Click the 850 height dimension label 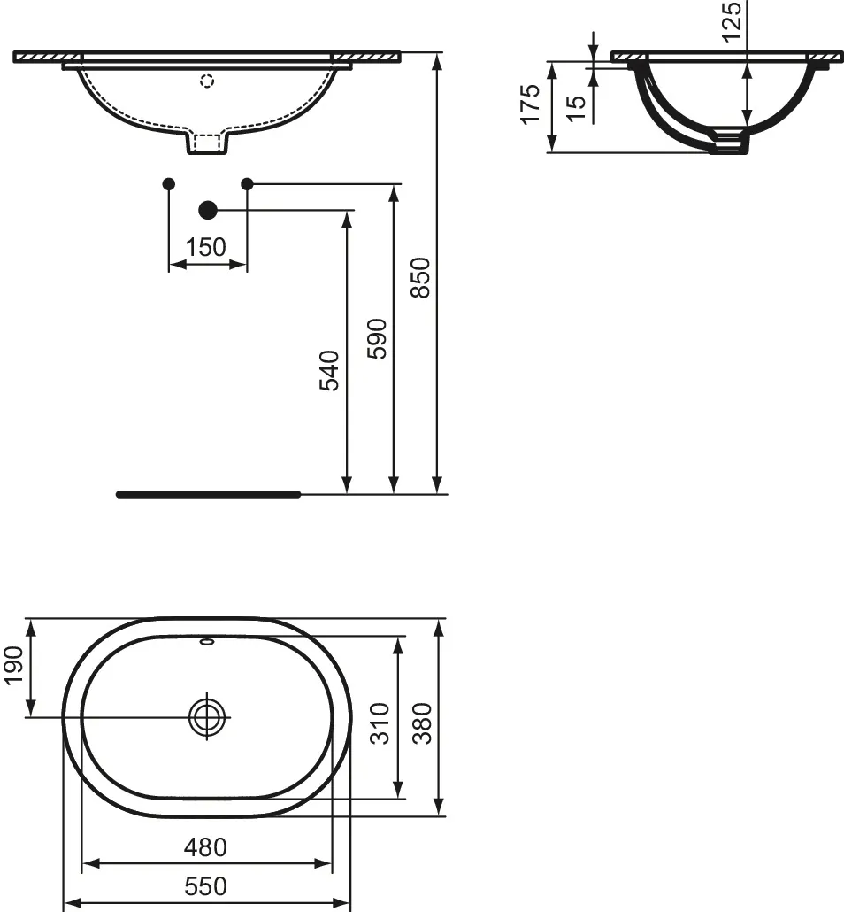click(420, 278)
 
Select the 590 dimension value click(377, 338)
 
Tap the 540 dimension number click(330, 370)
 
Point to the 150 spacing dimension click(206, 247)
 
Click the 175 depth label click(530, 104)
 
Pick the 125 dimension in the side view click(732, 21)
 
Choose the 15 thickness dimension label click(575, 109)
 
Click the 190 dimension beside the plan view click(13, 665)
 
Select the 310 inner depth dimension click(380, 723)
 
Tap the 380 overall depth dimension click(423, 723)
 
